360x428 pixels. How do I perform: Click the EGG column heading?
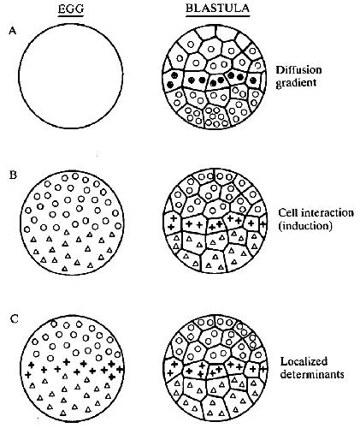coord(71,9)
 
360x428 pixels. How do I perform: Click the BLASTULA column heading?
coord(217,8)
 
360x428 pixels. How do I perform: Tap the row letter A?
coord(13,30)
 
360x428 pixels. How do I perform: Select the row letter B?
coord(13,175)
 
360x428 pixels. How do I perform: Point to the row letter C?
coord(14,318)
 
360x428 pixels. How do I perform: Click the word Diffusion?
coord(298,70)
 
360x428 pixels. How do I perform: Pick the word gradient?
coord(296,83)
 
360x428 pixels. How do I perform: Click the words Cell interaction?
coord(316,213)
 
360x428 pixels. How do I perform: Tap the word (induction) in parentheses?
coord(305,226)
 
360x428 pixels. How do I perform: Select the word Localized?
coord(304,361)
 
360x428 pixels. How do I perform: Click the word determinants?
coord(312,374)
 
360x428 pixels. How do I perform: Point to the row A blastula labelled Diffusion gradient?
coord(215,76)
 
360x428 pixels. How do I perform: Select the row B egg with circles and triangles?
coord(72,223)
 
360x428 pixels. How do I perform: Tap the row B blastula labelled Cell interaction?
coord(215,221)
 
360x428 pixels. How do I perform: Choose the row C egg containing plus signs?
coord(73,368)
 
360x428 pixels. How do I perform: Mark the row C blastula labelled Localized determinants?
coord(216,367)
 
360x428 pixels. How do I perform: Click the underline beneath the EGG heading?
coord(71,15)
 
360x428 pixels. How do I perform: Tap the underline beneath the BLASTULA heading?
coord(218,15)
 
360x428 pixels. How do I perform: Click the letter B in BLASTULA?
coord(189,8)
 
